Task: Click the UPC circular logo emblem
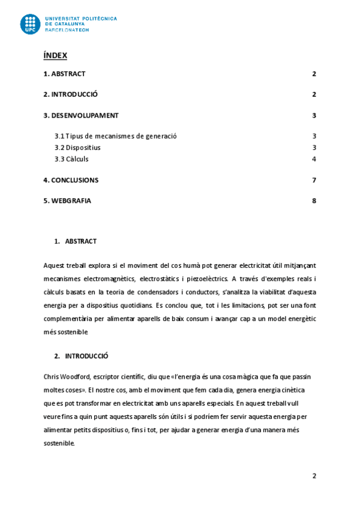click(x=31, y=24)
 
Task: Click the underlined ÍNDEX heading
click(x=55, y=56)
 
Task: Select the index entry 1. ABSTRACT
click(x=64, y=74)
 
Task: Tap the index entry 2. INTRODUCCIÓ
click(x=71, y=95)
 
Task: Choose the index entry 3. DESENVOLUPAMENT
click(x=81, y=116)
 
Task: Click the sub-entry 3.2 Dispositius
click(x=77, y=148)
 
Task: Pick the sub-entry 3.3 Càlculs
click(x=71, y=159)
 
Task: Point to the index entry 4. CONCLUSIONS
click(x=71, y=180)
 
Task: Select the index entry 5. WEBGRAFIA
click(x=67, y=201)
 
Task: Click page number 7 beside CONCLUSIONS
click(x=314, y=180)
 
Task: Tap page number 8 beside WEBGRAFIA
click(x=314, y=201)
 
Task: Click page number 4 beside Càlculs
click(x=314, y=159)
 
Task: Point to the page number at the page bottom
click(x=314, y=476)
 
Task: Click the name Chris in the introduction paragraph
click(x=52, y=376)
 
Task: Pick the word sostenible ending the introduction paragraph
click(x=59, y=444)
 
